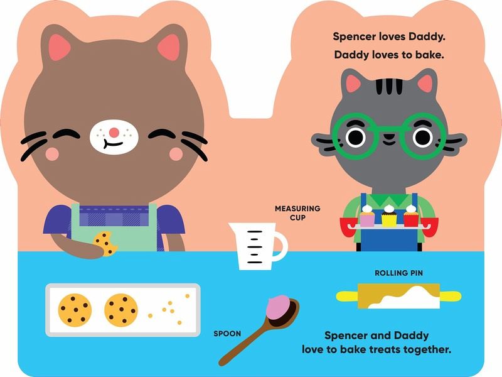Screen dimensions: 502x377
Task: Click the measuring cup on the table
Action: [256, 246]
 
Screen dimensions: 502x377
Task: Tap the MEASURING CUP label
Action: [297, 213]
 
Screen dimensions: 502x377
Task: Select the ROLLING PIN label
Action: [398, 273]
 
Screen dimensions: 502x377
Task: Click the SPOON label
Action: [227, 334]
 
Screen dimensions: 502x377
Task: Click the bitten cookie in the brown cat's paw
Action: [105, 244]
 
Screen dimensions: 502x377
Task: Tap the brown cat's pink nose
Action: [114, 132]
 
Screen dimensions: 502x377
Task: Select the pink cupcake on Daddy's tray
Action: [367, 216]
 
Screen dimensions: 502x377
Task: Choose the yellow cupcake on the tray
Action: [388, 215]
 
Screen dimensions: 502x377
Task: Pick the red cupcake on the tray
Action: [411, 216]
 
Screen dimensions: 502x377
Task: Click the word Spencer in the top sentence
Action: [354, 36]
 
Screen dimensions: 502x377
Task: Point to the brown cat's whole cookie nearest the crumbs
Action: [121, 310]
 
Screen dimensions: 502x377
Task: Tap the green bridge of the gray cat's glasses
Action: [388, 129]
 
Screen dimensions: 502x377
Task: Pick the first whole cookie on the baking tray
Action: [75, 310]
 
